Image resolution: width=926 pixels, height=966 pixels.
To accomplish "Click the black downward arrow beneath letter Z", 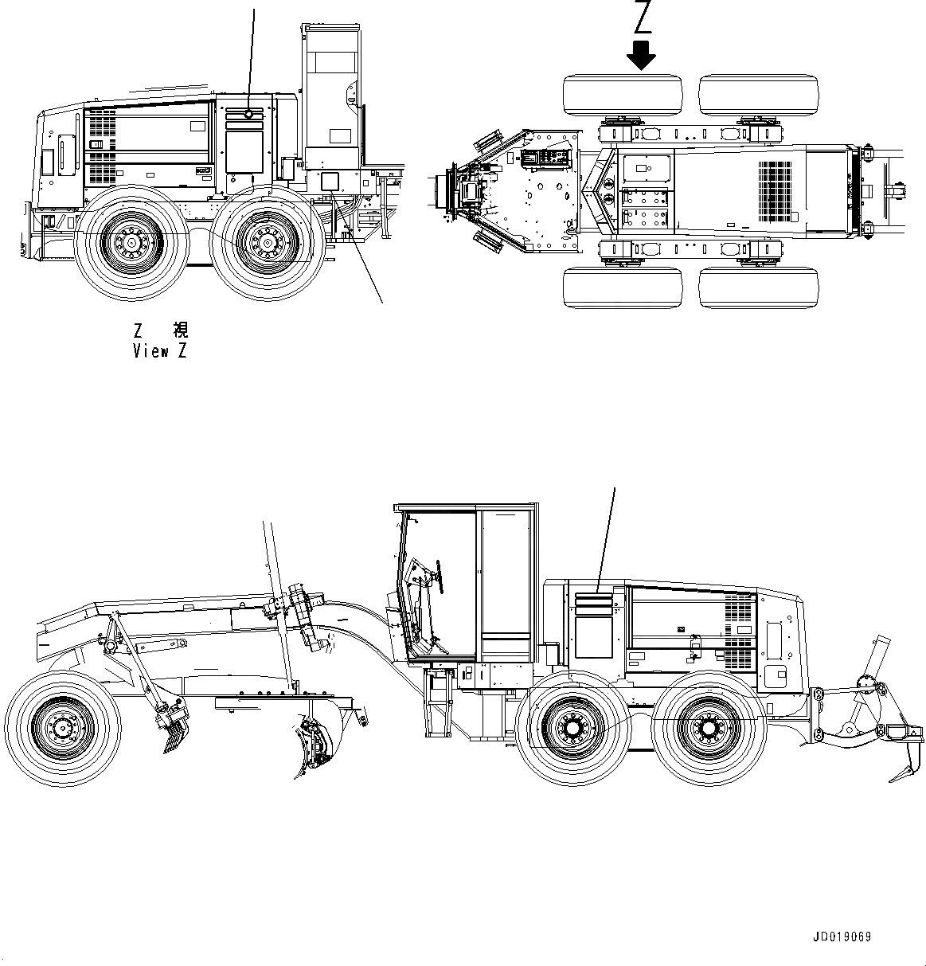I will point(641,55).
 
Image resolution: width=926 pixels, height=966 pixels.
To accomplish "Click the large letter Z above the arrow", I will point(643,18).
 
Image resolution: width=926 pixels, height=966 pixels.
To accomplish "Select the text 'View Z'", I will point(160,351).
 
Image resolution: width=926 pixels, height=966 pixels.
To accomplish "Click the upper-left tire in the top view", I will point(623,96).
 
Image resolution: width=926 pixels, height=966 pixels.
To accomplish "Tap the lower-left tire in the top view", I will point(623,287).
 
